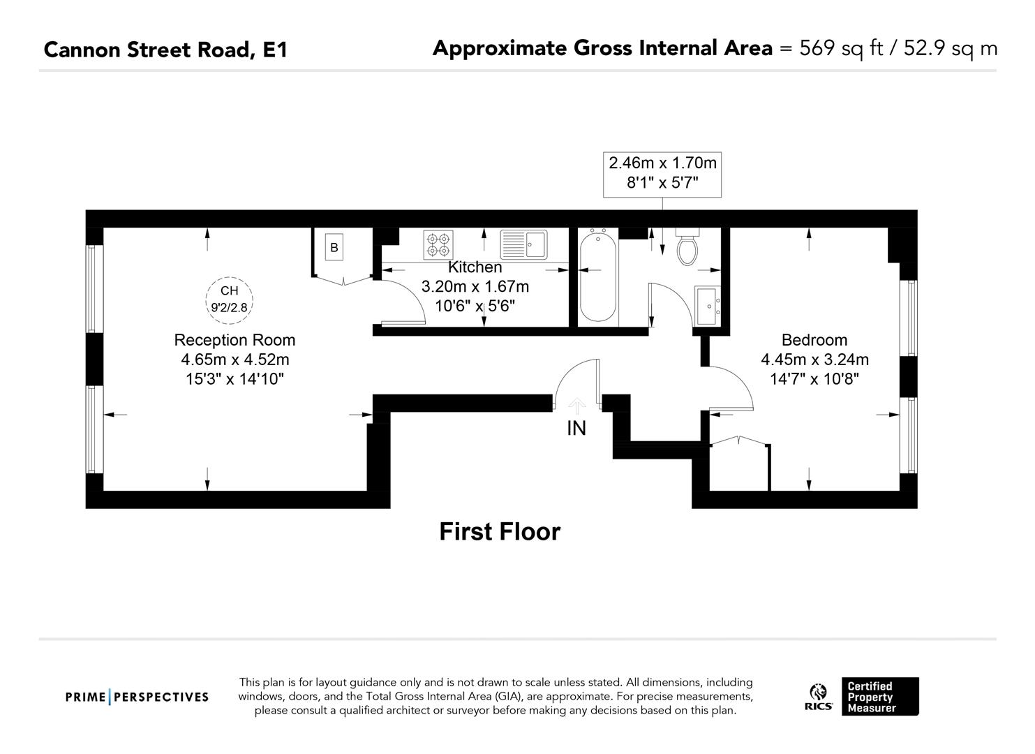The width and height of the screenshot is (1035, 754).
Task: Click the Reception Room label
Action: tap(234, 340)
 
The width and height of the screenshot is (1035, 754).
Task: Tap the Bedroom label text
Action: tap(814, 340)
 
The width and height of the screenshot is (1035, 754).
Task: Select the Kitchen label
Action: tap(475, 267)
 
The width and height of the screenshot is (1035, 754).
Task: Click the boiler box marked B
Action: tap(334, 247)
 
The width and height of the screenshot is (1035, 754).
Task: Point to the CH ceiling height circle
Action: tap(229, 299)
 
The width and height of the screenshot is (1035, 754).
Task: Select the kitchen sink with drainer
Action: tap(523, 244)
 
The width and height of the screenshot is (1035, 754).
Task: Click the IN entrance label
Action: tap(576, 429)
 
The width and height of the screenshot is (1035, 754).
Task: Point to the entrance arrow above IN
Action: tap(576, 406)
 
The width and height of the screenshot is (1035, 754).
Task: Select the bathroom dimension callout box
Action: tap(662, 173)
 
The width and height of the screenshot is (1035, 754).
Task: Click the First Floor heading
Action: tap(500, 532)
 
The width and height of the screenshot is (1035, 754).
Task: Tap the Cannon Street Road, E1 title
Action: tap(165, 50)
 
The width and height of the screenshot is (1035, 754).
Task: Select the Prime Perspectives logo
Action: tap(137, 697)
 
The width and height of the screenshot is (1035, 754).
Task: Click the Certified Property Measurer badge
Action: tap(879, 697)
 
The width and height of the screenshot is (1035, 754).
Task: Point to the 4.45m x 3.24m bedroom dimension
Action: tap(814, 360)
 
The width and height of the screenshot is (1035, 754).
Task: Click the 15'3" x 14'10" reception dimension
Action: tap(234, 379)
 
